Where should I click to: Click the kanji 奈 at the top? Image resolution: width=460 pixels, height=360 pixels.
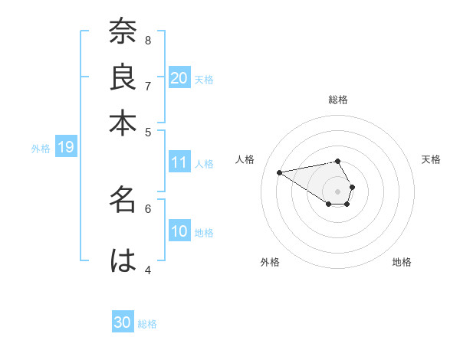[x=123, y=33]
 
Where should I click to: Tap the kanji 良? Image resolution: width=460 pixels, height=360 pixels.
[x=123, y=77]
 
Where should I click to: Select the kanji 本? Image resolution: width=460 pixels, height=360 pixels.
[x=123, y=122]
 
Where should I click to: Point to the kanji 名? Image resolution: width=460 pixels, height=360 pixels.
[x=123, y=201]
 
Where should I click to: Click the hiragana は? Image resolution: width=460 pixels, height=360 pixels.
[x=123, y=261]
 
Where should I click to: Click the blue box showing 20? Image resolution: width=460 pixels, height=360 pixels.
[x=179, y=77]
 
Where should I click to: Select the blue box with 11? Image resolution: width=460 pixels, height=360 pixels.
[x=179, y=162]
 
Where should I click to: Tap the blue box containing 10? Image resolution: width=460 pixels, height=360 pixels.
[x=179, y=231]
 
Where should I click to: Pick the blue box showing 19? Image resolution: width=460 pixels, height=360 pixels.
[x=66, y=147]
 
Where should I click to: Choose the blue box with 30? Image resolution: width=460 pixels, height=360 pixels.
[x=123, y=322]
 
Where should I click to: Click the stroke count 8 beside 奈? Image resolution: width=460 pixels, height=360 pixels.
[x=148, y=40]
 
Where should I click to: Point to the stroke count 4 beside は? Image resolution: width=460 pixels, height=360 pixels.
[x=148, y=270]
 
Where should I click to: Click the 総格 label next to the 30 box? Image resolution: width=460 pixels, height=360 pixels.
[x=147, y=324]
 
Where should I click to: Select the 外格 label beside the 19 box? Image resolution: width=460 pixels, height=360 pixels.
[x=41, y=149]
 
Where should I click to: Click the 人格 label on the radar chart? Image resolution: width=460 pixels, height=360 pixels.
[x=245, y=159]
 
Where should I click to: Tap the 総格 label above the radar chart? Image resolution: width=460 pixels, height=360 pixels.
[x=337, y=100]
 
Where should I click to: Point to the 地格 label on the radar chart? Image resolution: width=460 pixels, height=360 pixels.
[x=402, y=262]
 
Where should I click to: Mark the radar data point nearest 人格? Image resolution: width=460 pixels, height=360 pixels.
[x=279, y=172]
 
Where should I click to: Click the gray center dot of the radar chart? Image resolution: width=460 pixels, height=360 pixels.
[x=337, y=191]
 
